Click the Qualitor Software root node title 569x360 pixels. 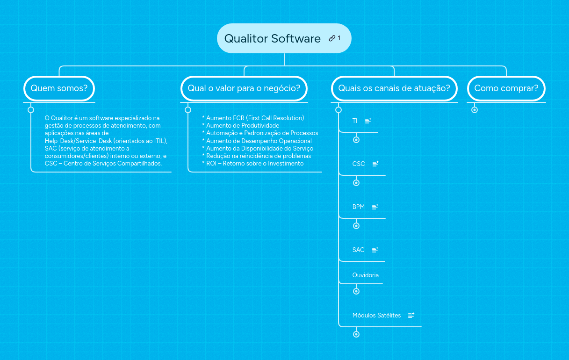(272, 38)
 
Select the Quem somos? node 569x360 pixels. (59, 88)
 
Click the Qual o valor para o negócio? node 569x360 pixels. (244, 88)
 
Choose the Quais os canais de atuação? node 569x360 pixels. (394, 88)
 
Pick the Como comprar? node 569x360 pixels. (506, 88)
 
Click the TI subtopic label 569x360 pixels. (355, 121)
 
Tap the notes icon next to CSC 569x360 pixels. (375, 164)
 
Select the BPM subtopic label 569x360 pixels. (358, 207)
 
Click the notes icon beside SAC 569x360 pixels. (375, 250)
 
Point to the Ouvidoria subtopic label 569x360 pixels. (365, 275)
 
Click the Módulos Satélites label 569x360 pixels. (376, 315)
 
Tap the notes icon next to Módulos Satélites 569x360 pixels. (411, 315)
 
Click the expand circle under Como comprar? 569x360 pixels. (475, 110)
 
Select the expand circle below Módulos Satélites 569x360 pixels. (356, 334)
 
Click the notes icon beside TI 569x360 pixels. (368, 121)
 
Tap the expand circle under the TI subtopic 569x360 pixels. (356, 140)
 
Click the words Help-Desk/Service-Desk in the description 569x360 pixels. (78, 141)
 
